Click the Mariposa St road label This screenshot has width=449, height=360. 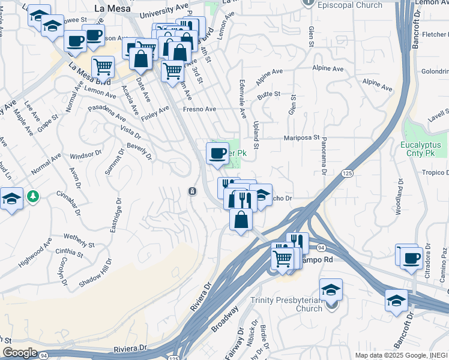(x=301, y=137)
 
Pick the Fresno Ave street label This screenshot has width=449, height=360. (x=200, y=109)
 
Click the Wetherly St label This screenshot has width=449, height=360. (x=79, y=241)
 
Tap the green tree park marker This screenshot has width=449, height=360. (x=33, y=196)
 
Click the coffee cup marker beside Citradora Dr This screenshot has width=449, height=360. (x=411, y=257)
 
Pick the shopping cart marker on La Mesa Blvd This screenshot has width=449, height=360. (x=103, y=67)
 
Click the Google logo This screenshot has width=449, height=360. (x=20, y=353)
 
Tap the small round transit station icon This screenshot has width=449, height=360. (x=191, y=191)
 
